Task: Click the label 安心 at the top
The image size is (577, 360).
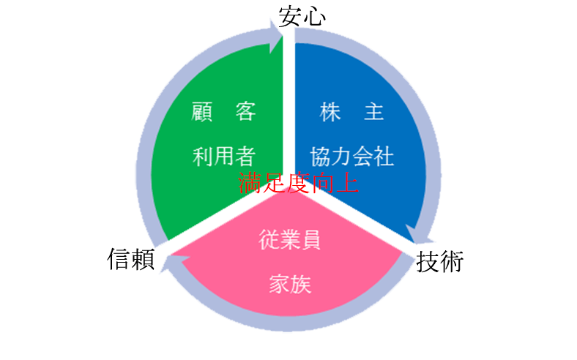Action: tap(302, 16)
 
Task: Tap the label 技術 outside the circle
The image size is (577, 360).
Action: tap(440, 261)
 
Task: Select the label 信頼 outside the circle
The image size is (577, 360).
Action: tap(132, 258)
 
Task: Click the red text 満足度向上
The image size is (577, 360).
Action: tap(298, 182)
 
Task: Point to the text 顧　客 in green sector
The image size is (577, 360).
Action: tap(223, 113)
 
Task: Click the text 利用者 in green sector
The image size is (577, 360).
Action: tap(223, 156)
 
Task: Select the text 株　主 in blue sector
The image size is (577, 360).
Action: tap(352, 113)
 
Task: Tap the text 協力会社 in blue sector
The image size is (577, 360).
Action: tap(352, 156)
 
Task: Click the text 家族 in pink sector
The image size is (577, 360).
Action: tap(290, 284)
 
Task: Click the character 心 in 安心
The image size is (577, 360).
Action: tap(313, 16)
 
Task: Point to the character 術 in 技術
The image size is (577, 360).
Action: tap(453, 261)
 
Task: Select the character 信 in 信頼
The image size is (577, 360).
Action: tap(119, 258)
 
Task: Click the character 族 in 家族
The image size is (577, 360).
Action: tap(301, 284)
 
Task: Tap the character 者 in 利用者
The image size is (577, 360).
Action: tap(245, 156)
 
